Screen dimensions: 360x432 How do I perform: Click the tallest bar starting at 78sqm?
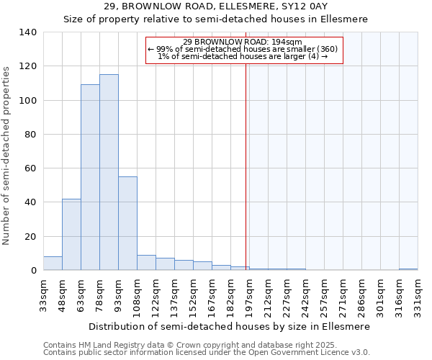coord(109,173)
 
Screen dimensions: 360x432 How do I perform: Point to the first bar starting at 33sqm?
coord(53,264)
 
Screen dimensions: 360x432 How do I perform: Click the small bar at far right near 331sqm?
coord(408,269)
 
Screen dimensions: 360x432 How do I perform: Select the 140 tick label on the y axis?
coord(27,32)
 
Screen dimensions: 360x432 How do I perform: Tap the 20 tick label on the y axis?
coord(30,237)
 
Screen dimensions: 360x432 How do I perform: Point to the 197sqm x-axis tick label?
coord(249,294)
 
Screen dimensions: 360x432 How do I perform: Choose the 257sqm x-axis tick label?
coord(324,294)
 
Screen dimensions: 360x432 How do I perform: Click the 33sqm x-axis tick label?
coord(43,294)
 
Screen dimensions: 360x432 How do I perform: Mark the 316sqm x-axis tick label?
coord(399,294)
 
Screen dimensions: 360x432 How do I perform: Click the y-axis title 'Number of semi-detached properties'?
coord(6,155)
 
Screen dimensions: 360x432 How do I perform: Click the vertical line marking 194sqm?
coord(246,166)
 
